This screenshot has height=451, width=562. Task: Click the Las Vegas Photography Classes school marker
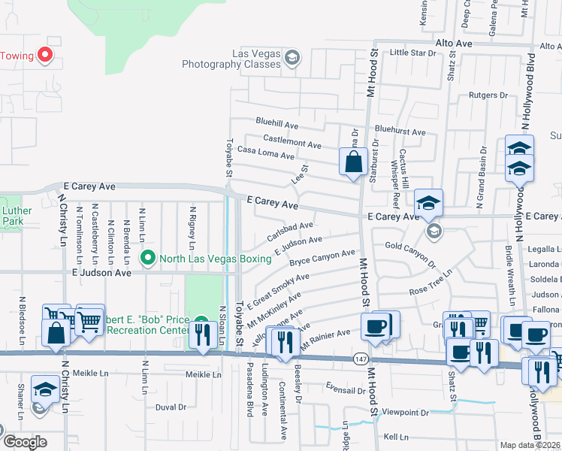(293, 57)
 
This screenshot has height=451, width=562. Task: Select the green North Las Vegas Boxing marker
(148, 259)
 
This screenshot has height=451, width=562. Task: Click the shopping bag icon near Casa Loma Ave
(353, 162)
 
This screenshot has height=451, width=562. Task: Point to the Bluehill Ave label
(276, 121)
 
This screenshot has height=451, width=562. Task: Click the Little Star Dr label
(413, 53)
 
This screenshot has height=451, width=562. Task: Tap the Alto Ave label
(454, 44)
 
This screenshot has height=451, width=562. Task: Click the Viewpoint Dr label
(405, 413)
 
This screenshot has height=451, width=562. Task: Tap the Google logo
(25, 442)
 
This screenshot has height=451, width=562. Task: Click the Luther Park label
(13, 216)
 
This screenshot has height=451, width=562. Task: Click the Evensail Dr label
(345, 391)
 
